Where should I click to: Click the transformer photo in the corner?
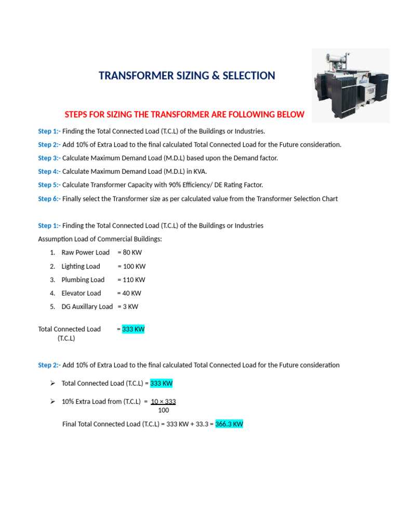351,86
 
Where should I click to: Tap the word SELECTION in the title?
249,76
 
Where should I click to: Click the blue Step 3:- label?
49,158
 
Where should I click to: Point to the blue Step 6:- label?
49,199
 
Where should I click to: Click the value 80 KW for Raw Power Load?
132,253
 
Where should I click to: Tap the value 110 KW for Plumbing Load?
134,280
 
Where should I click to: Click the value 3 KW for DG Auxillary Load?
130,306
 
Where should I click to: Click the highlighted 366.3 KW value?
229,424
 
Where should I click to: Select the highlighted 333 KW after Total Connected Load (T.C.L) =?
161,384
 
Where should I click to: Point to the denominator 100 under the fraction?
163,410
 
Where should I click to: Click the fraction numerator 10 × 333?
163,401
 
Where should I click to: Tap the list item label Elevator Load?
81,293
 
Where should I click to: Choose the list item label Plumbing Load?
83,280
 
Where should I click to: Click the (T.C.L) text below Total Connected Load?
66,338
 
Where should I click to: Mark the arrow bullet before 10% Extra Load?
52,401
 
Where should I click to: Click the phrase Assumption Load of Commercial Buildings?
100,239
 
